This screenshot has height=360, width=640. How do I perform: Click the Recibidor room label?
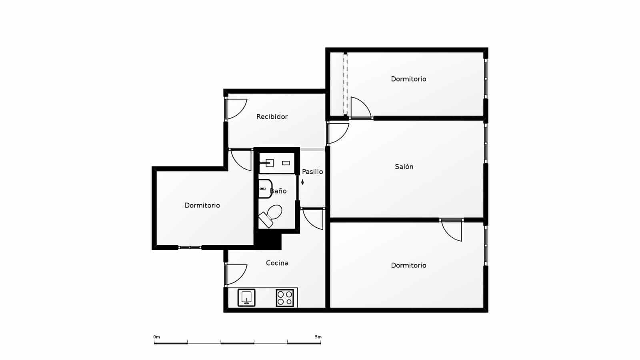pos(272,117)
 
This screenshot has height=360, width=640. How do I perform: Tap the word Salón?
pos(404,167)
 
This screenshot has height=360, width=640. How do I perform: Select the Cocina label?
pos(277,263)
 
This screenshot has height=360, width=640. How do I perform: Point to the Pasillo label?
pos(312,172)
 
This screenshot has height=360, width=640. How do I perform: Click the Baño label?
pos(278,191)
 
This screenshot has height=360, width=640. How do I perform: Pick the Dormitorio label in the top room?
pos(408,79)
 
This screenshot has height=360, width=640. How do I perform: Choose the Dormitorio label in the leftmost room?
pos(202,206)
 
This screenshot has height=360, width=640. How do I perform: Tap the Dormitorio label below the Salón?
pos(408,266)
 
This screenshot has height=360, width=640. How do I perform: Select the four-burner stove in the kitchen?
pos(285,298)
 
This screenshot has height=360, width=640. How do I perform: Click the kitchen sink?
pos(246,298)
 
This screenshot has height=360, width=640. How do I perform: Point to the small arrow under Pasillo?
pos(303,182)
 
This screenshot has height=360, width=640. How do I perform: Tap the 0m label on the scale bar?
pos(156,337)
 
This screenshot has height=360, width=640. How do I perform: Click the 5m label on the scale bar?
pos(318,337)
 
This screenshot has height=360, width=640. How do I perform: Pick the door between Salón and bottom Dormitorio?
pos(452,230)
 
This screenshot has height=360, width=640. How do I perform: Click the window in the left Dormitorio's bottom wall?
pos(190,248)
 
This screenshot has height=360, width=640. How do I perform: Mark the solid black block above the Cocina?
pos(268,241)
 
